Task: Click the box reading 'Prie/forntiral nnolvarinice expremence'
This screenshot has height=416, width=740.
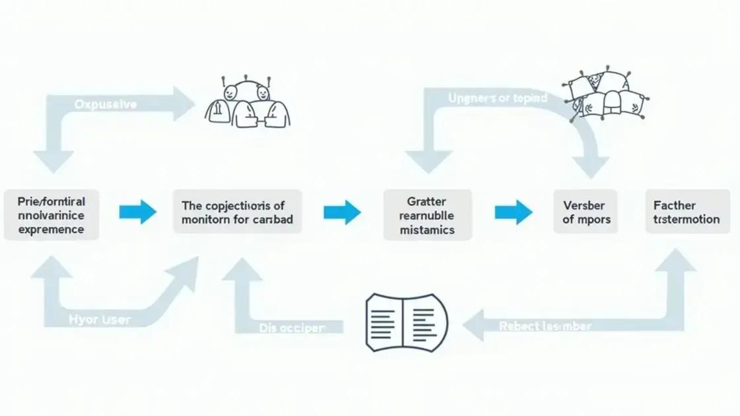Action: tap(52, 214)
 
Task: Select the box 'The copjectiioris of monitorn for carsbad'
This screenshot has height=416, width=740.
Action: tap(237, 212)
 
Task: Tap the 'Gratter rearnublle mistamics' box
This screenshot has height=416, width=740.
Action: tap(427, 215)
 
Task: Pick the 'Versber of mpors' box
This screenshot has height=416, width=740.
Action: tap(585, 212)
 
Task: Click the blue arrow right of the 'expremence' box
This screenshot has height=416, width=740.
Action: tap(137, 213)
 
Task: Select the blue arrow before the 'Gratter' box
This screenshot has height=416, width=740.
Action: tap(342, 213)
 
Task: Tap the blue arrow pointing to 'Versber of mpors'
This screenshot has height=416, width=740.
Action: tap(513, 213)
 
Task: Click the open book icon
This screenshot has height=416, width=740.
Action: tap(406, 322)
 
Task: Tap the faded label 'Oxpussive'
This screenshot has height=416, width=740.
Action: tap(106, 104)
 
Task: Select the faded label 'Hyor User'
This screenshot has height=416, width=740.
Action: tap(100, 320)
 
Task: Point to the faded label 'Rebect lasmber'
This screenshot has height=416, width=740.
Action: tap(545, 326)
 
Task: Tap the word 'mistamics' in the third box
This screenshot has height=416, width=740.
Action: tap(427, 230)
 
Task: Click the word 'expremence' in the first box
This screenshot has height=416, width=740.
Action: tap(52, 229)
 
